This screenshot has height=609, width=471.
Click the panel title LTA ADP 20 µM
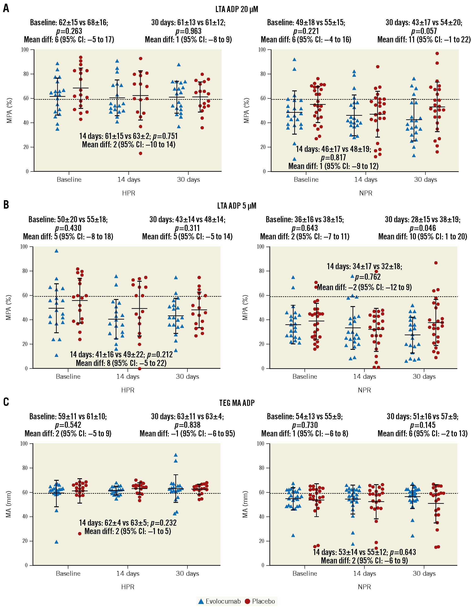pyautogui.click(x=236, y=9)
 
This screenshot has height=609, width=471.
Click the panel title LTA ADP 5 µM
pyautogui.click(x=236, y=206)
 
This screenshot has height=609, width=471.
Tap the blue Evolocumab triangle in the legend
pyautogui.click(x=201, y=601)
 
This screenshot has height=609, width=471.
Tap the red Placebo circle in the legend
pyautogui.click(x=247, y=601)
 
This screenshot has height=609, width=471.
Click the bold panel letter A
pyautogui.click(x=6, y=8)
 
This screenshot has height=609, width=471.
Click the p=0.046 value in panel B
pyautogui.click(x=423, y=228)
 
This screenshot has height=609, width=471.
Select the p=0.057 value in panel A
pyautogui.click(x=424, y=31)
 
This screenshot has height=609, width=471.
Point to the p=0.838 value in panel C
pyautogui.click(x=187, y=425)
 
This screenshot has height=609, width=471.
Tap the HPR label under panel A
pyautogui.click(x=128, y=193)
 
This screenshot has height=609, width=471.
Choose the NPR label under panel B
pyautogui.click(x=364, y=390)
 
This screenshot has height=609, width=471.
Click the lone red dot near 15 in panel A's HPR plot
pyautogui.click(x=141, y=153)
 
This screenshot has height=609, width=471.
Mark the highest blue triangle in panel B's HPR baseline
pyautogui.click(x=56, y=251)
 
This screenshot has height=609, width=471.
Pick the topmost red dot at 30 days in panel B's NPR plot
pyautogui.click(x=436, y=263)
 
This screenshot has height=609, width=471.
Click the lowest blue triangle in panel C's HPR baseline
pyautogui.click(x=56, y=542)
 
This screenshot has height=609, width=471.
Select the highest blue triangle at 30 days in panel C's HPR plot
pyautogui.click(x=176, y=455)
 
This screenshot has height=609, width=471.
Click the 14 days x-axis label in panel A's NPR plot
pyautogui.click(x=366, y=179)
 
